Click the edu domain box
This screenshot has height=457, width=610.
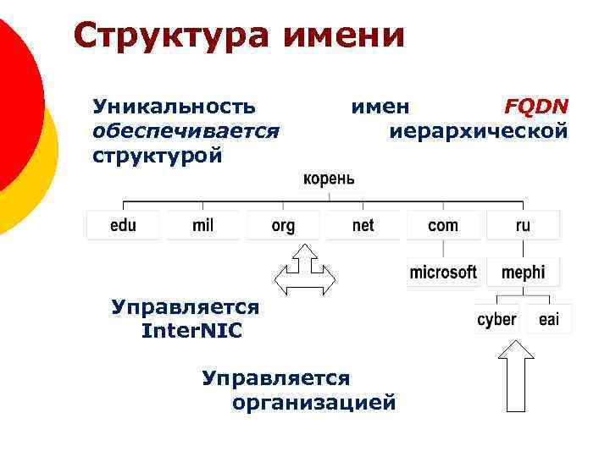[123, 225]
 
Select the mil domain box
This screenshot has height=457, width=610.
[203, 225]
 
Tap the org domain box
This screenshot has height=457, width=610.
[283, 225]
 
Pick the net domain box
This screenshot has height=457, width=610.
[363, 225]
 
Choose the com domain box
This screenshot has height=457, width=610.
[443, 225]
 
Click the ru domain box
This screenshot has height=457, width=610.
[523, 225]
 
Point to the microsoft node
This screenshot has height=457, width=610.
[443, 273]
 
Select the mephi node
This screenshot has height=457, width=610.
[524, 273]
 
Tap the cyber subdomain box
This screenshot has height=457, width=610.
[497, 319]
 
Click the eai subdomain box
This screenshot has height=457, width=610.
[549, 319]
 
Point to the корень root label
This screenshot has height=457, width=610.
[329, 179]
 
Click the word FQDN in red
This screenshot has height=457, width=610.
[536, 107]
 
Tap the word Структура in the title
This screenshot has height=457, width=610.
[174, 36]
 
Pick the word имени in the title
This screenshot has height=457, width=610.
[347, 36]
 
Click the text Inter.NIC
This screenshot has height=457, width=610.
[192, 331]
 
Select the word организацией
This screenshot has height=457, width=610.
[313, 402]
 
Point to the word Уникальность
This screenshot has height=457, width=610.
[174, 107]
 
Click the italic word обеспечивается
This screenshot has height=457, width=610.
[186, 131]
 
